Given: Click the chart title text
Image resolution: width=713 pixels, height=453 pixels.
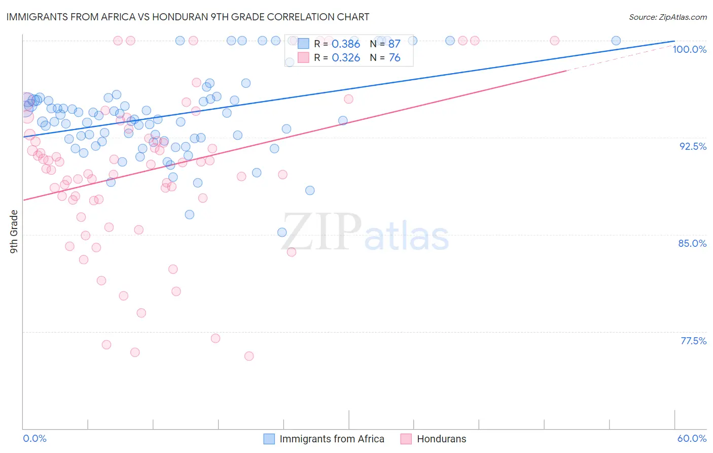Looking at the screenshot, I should click(x=188, y=17).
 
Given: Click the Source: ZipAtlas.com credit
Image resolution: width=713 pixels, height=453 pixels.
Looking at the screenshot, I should click(x=667, y=17).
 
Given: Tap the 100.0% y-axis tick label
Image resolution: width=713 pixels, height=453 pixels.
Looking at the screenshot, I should click(x=689, y=49).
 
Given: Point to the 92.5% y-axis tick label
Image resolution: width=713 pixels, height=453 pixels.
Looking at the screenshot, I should click(x=693, y=146).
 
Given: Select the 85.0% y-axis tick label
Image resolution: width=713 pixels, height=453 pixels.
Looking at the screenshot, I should click(x=692, y=243).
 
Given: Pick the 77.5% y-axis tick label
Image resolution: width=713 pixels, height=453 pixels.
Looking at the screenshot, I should click(x=693, y=341).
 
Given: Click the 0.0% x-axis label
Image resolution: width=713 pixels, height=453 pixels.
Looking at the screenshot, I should click(x=34, y=438).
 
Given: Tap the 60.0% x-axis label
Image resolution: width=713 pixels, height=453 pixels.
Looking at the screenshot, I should click(x=692, y=438).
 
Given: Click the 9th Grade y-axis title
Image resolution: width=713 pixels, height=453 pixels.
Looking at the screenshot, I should click(x=14, y=232).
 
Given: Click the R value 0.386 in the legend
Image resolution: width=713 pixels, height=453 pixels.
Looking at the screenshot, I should click(x=345, y=44).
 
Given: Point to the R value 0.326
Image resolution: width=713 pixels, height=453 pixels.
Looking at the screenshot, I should click(x=345, y=58).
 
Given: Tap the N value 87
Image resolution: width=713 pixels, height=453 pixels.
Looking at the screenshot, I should click(x=394, y=44).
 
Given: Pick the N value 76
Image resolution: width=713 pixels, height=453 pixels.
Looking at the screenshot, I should click(x=394, y=58).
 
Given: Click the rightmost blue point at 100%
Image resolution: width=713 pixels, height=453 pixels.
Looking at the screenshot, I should click(x=616, y=41).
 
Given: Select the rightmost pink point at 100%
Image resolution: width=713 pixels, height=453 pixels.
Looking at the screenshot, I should click(x=554, y=41).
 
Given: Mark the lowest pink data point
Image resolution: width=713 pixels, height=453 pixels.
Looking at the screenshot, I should click(x=249, y=356).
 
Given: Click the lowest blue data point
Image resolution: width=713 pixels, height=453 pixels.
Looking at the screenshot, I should click(x=282, y=233).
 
